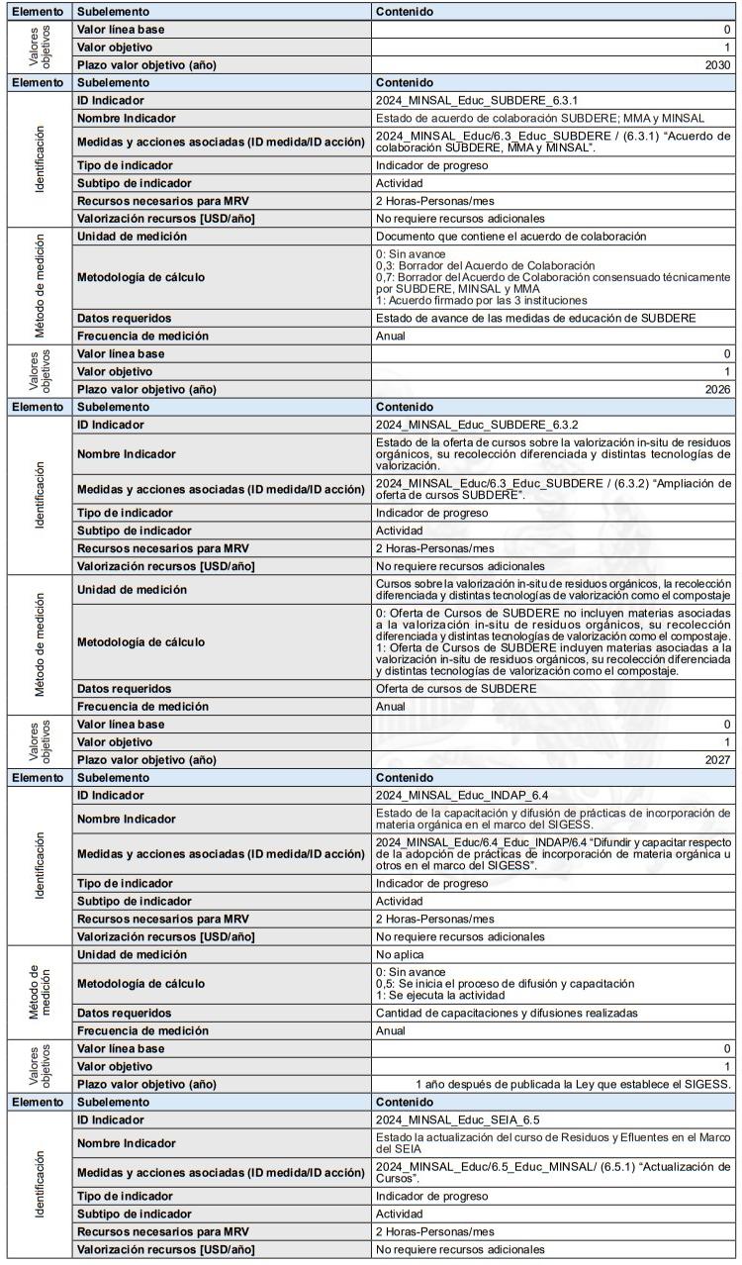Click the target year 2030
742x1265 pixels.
718,65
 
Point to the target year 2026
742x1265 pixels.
718,389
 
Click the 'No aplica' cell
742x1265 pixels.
401,955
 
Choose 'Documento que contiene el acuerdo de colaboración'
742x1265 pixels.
510,236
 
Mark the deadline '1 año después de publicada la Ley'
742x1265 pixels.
574,1084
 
